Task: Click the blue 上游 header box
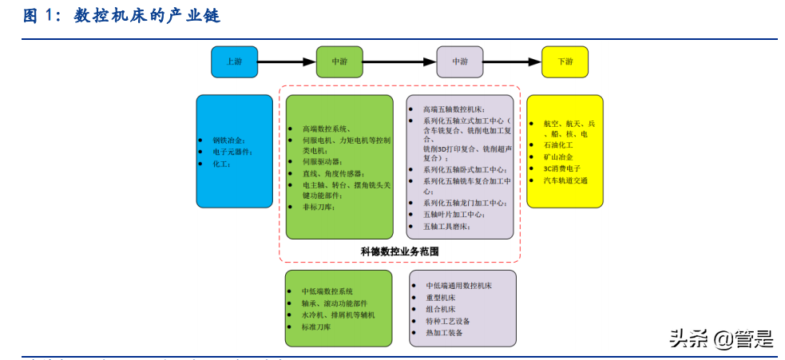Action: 234,61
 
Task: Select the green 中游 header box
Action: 339,61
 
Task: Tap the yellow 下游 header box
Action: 565,61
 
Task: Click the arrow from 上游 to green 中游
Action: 287,61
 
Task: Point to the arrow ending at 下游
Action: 512,61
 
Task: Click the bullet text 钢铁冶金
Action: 229,139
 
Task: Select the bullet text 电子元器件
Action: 232,151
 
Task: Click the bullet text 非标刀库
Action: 319,207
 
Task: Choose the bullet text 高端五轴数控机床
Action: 454,109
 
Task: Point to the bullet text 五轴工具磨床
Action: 447,227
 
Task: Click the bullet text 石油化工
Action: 558,146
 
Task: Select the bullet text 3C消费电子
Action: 561,168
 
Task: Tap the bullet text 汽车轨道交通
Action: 565,180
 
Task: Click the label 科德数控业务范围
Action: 399,251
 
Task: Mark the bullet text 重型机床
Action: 441,297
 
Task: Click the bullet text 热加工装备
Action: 444,332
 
